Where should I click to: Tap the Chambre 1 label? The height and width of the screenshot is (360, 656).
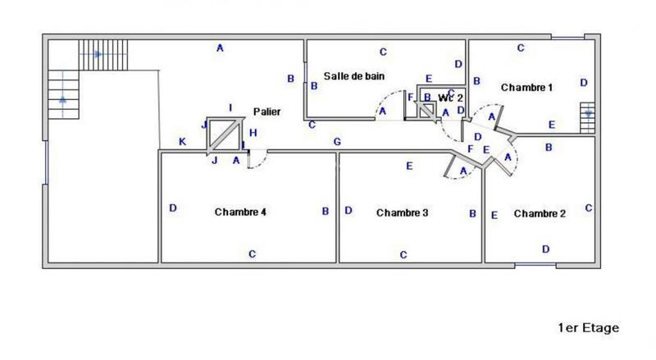(526, 87)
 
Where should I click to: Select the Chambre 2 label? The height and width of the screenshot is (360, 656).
(540, 213)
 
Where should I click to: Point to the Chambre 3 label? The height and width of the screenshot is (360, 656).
(403, 212)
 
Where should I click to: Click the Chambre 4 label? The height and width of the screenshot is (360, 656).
(240, 212)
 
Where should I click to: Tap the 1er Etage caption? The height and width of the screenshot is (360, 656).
(587, 327)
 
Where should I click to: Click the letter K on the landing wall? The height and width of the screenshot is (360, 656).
(182, 143)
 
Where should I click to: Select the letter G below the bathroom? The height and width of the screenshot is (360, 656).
(337, 142)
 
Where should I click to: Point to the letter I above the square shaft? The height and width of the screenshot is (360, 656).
(230, 107)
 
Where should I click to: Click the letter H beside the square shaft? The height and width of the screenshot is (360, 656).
(253, 133)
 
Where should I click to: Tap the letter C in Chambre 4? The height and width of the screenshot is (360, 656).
(252, 254)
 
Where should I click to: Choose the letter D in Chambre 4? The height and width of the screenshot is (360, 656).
(173, 208)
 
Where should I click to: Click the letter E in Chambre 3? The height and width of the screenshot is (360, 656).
(409, 166)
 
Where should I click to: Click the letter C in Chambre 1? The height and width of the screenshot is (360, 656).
(521, 48)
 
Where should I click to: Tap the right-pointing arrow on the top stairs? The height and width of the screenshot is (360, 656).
(98, 55)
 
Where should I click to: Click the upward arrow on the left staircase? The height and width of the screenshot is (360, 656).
(62, 100)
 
